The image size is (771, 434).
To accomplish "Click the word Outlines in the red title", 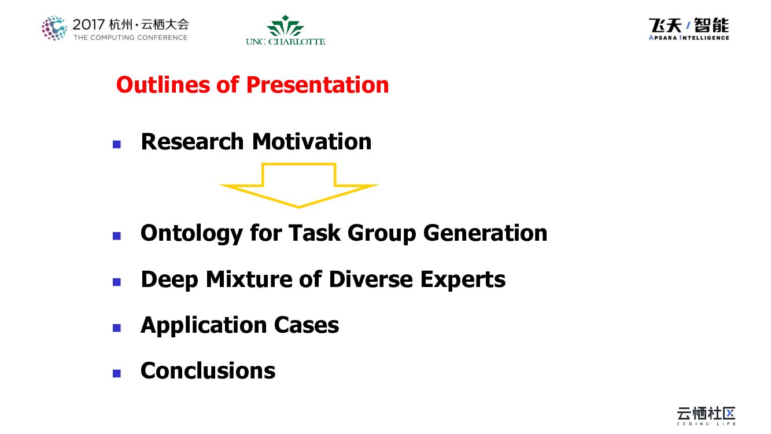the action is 163,84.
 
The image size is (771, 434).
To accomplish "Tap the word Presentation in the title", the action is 318,85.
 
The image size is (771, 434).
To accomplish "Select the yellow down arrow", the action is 299,186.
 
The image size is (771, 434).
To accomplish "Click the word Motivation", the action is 312,142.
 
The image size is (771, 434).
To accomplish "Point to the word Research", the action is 193,142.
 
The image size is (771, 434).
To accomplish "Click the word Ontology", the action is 191,234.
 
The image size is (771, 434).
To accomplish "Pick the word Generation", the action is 485,233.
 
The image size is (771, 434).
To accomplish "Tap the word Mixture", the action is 249,279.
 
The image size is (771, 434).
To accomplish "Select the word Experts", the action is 463,279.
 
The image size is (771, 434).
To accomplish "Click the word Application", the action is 204,325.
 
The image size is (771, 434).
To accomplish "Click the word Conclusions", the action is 208,371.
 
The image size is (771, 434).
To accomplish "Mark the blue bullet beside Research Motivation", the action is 117,144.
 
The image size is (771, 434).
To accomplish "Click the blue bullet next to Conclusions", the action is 117,373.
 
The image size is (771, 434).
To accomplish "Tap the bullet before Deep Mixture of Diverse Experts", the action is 117,282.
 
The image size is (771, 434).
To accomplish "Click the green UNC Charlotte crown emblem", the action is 285,25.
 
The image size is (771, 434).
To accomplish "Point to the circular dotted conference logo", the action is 54,28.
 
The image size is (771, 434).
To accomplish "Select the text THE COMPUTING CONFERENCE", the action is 131,38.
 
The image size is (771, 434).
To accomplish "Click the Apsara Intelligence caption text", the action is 689,38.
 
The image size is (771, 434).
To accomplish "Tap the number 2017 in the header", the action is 88,25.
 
